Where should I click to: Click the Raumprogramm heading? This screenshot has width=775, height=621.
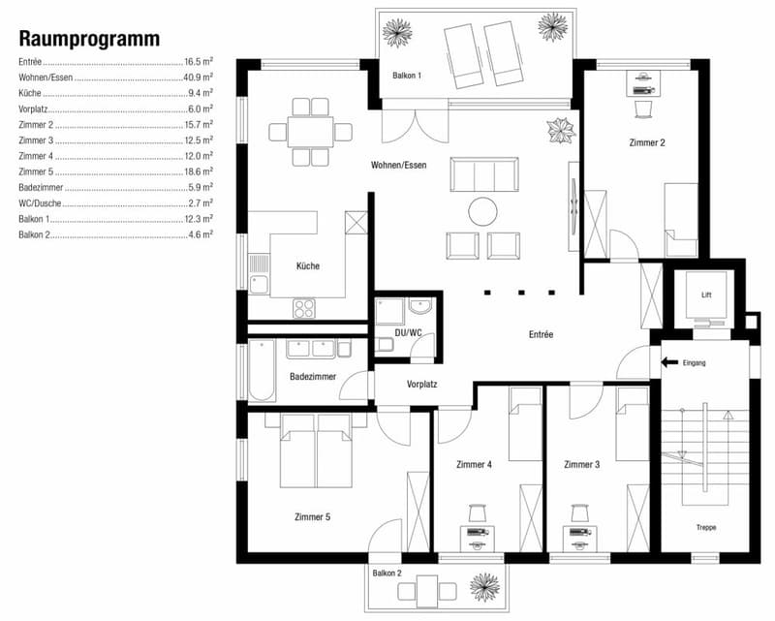(x=89, y=39)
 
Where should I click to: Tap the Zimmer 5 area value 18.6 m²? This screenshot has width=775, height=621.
(x=199, y=171)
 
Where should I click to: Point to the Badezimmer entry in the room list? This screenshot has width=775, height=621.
(x=41, y=187)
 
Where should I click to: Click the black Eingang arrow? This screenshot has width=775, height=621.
(x=669, y=362)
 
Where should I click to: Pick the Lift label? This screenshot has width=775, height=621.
(x=706, y=295)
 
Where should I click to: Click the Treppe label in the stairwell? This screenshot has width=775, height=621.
(x=706, y=527)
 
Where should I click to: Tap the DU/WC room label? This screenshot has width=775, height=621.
(x=408, y=332)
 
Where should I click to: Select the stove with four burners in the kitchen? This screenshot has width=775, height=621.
(x=304, y=308)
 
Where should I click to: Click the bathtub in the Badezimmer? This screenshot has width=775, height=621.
(x=262, y=370)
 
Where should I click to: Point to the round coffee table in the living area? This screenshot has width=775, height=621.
(x=482, y=211)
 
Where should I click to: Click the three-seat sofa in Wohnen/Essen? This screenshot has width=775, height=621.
(x=484, y=174)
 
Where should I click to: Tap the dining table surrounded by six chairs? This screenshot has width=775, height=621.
(x=310, y=132)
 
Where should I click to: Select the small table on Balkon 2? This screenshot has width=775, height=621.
(x=427, y=591)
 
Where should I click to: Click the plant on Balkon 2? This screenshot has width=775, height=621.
(x=484, y=587)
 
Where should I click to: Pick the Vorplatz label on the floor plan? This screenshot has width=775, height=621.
(x=421, y=384)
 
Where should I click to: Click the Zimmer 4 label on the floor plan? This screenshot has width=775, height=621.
(x=474, y=464)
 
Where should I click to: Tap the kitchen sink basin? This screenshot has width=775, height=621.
(x=259, y=284)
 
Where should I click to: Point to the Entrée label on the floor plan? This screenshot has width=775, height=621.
(x=541, y=334)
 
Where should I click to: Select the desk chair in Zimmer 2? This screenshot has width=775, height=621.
(x=643, y=109)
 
